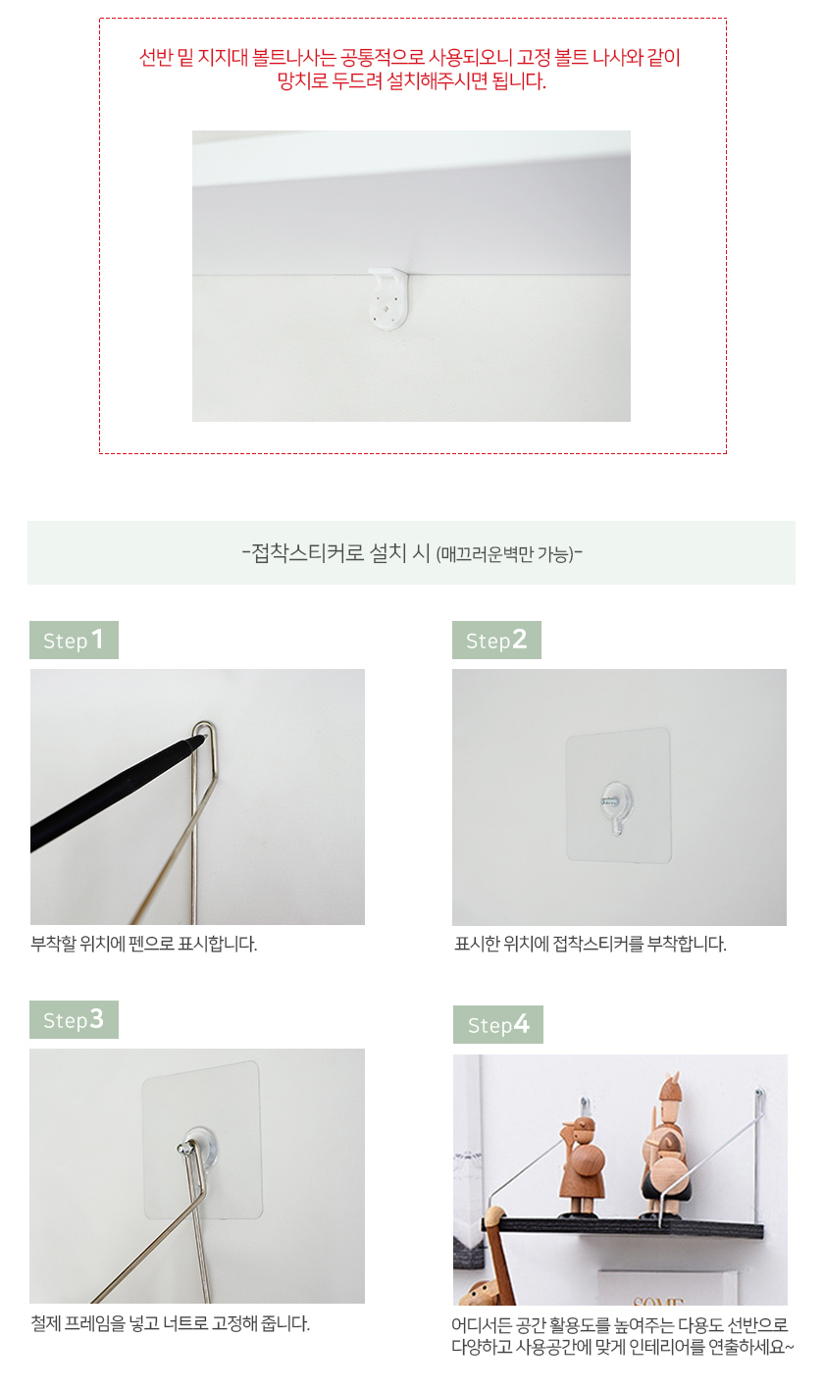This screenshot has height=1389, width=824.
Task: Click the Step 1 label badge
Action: [74, 640]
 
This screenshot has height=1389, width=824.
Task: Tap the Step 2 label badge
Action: [496, 640]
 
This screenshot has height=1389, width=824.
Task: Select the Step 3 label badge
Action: [74, 1019]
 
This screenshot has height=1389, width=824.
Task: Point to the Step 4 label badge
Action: [498, 1024]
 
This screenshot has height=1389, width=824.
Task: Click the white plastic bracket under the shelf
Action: [388, 297]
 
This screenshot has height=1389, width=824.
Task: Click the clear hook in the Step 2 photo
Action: [616, 806]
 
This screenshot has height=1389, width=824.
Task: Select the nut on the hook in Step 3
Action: [183, 1149]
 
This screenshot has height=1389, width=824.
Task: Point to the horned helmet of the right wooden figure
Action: [670, 1086]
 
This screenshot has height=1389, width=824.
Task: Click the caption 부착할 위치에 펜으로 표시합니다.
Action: [144, 944]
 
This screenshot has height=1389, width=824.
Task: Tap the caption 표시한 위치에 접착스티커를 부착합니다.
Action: [591, 944]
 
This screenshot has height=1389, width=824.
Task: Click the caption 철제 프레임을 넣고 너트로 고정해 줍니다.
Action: [171, 1323]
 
